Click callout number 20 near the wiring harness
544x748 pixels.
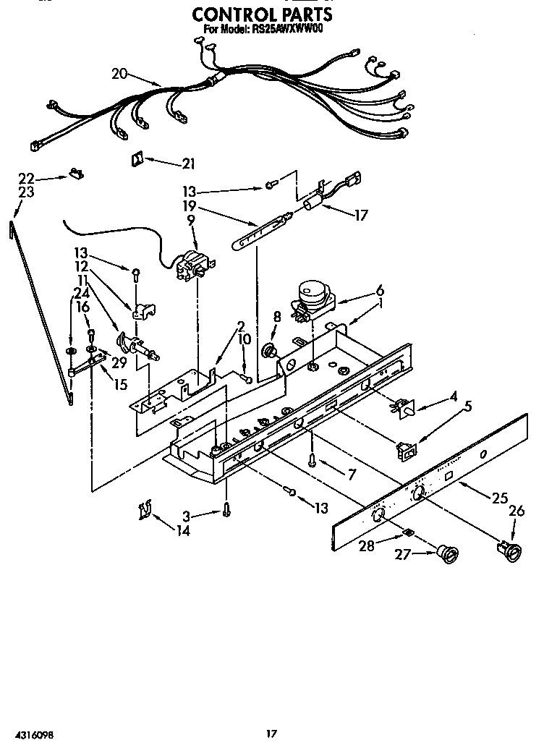(x=120, y=72)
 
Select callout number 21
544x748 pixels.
(x=189, y=163)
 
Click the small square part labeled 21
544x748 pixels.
(x=137, y=159)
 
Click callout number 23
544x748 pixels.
(x=26, y=192)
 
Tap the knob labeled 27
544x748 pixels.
(x=447, y=555)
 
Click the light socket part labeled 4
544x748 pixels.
(x=402, y=409)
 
